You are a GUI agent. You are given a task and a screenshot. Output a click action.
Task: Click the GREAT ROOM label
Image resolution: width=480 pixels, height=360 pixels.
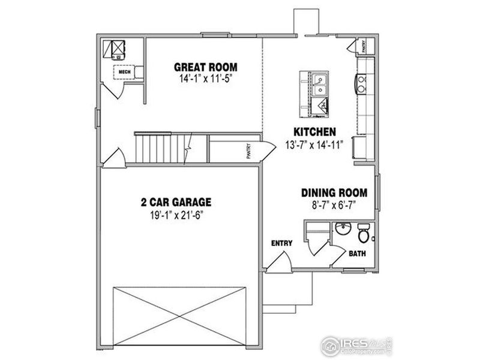(205, 67)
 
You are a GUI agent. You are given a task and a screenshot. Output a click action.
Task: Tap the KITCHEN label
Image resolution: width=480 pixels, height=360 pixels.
(314, 132)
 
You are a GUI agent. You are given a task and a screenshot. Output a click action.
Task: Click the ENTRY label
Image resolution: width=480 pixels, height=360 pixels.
(281, 243)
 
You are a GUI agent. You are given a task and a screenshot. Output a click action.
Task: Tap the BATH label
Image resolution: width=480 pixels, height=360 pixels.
(358, 253)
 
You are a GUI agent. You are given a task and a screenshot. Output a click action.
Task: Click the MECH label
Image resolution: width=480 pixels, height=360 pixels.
(125, 72)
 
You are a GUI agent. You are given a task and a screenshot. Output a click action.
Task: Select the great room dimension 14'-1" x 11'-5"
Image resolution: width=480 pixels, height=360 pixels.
(205, 79)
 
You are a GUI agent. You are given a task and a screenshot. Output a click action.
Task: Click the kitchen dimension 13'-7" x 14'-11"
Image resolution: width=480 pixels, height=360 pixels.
(314, 145)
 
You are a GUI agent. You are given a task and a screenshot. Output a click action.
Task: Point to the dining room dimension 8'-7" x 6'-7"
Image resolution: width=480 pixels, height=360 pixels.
(334, 205)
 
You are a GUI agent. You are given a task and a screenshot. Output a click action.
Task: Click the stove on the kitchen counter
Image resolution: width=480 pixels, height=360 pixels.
(362, 84)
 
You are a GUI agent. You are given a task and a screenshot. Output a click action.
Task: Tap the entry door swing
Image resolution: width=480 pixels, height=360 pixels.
(278, 261)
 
